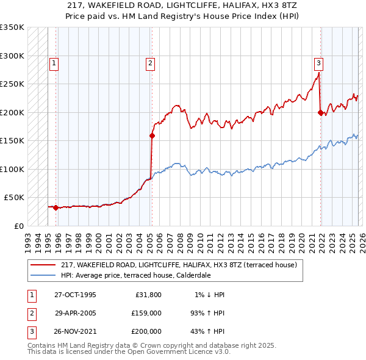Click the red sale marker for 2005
click(x=151, y=136)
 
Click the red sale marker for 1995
click(x=56, y=207)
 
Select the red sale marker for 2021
click(x=320, y=112)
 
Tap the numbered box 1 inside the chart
click(x=54, y=62)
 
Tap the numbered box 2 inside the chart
click(x=150, y=62)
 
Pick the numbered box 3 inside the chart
click(x=318, y=62)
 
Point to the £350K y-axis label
click(x=12, y=27)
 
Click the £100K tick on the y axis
click(x=12, y=169)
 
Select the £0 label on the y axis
click(x=18, y=226)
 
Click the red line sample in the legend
click(x=44, y=265)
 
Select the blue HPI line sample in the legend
click(x=44, y=275)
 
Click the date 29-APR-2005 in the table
click(x=75, y=313)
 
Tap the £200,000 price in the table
click(x=146, y=331)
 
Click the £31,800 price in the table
click(x=148, y=295)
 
